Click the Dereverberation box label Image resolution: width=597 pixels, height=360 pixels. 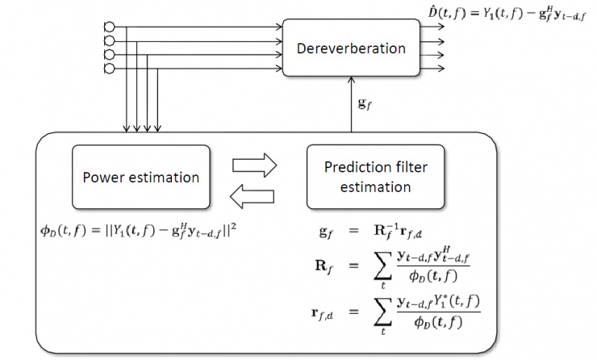point(351,48)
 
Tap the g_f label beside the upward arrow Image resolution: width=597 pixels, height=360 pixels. point(365,104)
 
